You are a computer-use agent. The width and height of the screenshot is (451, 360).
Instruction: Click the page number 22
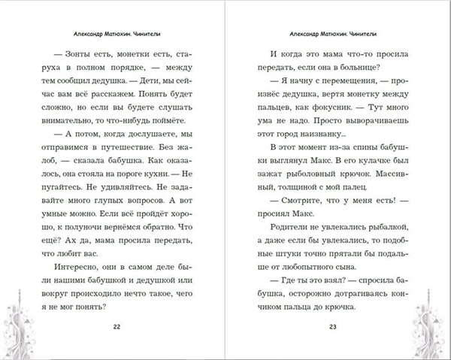tap(115, 327)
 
